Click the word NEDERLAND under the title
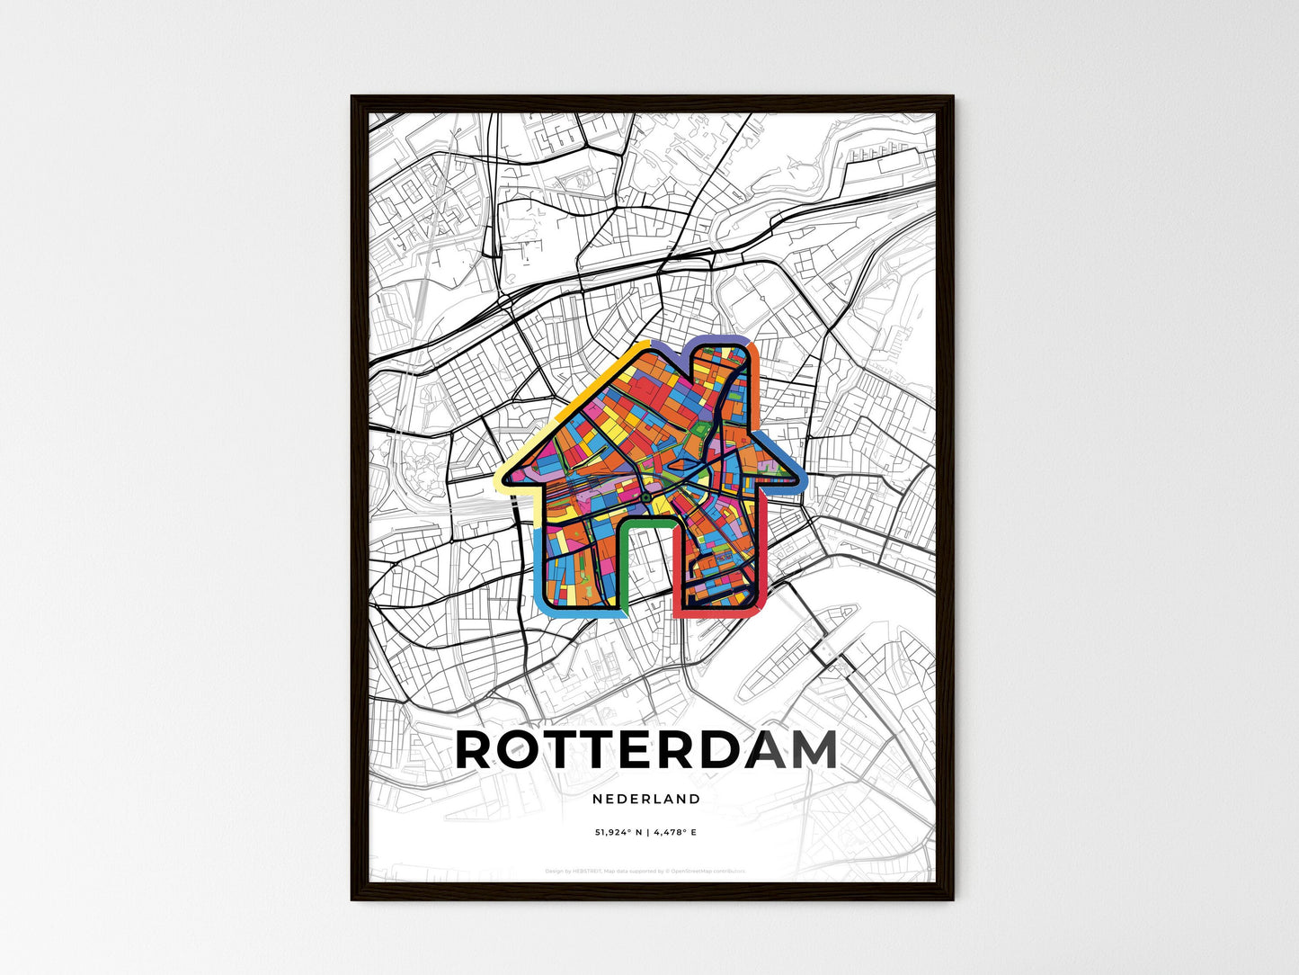pyautogui.click(x=646, y=799)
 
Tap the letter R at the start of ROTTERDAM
pyautogui.click(x=478, y=750)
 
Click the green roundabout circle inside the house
pyautogui.click(x=645, y=496)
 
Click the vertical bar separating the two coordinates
pyautogui.click(x=646, y=833)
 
